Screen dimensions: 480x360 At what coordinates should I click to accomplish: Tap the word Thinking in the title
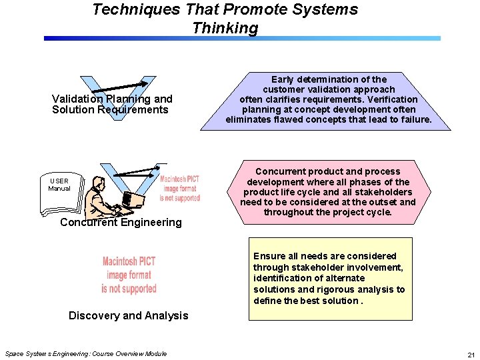point(225,28)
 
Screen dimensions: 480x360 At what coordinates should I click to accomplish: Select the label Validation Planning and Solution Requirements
point(111,104)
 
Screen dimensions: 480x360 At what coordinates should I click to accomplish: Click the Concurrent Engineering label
point(121,222)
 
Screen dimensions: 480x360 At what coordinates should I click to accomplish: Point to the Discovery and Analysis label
point(129,315)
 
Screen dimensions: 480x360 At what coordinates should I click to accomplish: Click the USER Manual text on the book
point(59,184)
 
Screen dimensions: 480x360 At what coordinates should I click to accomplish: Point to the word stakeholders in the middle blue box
point(383,192)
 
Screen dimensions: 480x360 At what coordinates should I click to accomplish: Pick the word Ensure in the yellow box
point(269,256)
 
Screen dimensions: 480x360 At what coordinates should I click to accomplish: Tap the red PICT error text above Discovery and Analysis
point(129,275)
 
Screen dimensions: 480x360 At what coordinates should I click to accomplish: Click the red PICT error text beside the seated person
point(179,189)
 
